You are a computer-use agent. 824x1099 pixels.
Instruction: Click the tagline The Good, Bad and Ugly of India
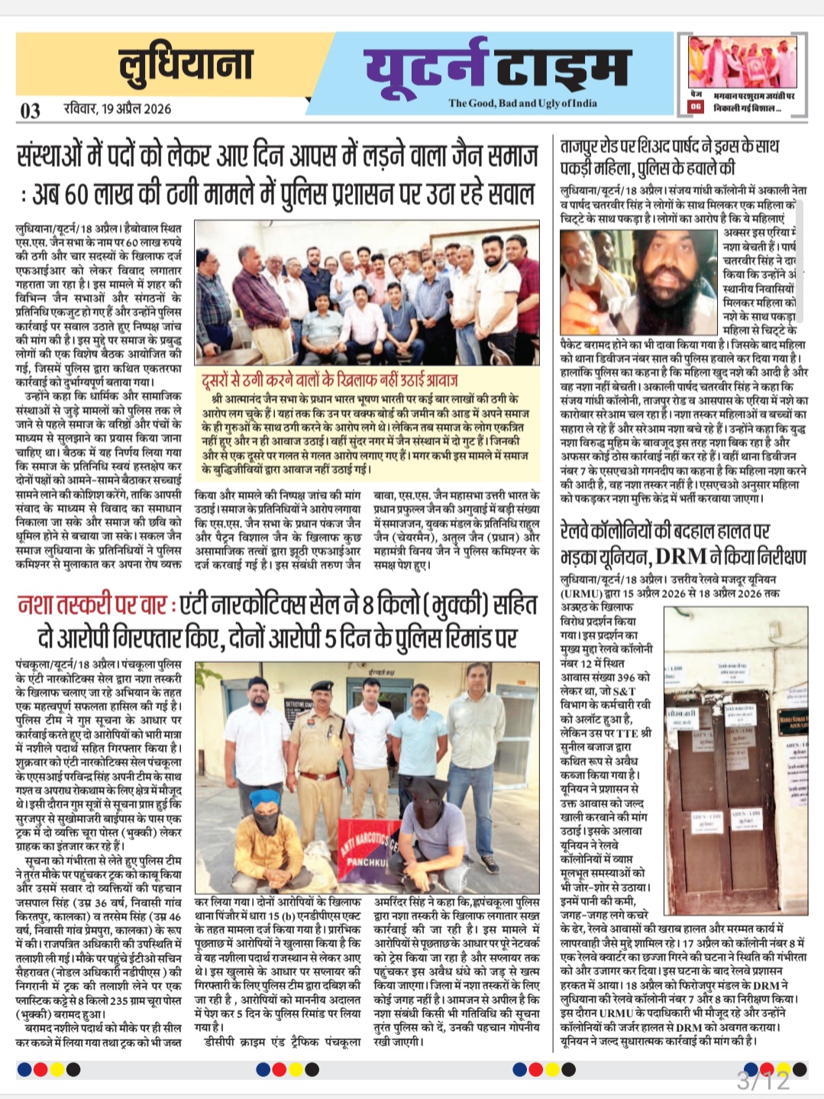[522, 103]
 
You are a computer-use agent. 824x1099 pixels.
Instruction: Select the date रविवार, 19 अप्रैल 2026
[118, 109]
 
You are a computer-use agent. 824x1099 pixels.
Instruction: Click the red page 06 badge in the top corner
[696, 107]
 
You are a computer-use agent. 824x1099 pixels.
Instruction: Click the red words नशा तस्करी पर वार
[92, 606]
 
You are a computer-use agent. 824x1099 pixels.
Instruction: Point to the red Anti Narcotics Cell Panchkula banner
[370, 845]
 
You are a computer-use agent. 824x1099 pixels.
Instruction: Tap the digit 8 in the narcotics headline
[369, 606]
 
